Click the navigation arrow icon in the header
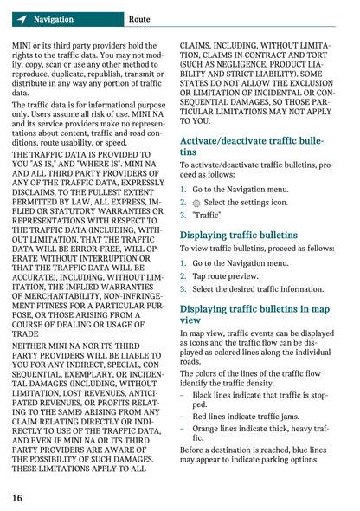pos(21,19)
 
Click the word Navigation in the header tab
pos(53,19)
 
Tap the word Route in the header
pos(138,19)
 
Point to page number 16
pos(17,498)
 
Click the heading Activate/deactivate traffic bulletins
pos(251,146)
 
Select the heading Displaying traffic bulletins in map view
pos(254,314)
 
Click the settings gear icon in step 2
pos(196,203)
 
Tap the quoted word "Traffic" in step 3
pos(207,215)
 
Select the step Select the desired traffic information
pos(258,289)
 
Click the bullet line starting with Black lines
pos(260,399)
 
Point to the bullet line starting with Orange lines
pos(260,433)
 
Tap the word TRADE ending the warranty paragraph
pos(26,333)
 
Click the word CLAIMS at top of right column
pos(196,45)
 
